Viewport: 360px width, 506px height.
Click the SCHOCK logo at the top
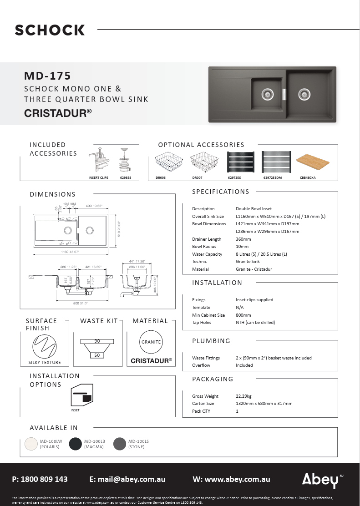click(50, 30)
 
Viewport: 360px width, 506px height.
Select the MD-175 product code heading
click(47, 76)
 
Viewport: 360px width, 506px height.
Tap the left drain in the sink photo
click(268, 94)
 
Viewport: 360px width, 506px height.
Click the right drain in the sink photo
click(304, 95)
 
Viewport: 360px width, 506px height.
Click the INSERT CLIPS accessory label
click(98, 178)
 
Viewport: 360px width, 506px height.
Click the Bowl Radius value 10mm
click(242, 247)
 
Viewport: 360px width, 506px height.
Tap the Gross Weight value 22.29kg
click(243, 396)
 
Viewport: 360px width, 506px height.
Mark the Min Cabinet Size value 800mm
click(243, 315)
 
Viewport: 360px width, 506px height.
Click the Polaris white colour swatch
click(31, 444)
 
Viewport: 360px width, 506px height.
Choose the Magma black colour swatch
click(75, 444)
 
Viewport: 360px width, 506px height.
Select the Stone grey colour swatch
click(119, 444)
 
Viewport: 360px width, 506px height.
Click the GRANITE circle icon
click(151, 342)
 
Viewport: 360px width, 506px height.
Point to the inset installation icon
click(82, 395)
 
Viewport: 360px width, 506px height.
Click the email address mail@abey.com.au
click(127, 479)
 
